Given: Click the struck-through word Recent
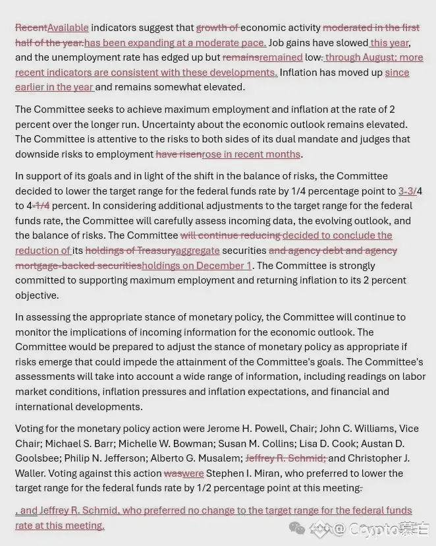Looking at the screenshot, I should [x=31, y=28].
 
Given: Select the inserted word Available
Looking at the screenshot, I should [x=68, y=28].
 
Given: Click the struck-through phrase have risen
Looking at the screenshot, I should [x=178, y=154].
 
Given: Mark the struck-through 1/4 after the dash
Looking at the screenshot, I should [x=42, y=206].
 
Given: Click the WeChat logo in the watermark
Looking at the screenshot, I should [x=297, y=528].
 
